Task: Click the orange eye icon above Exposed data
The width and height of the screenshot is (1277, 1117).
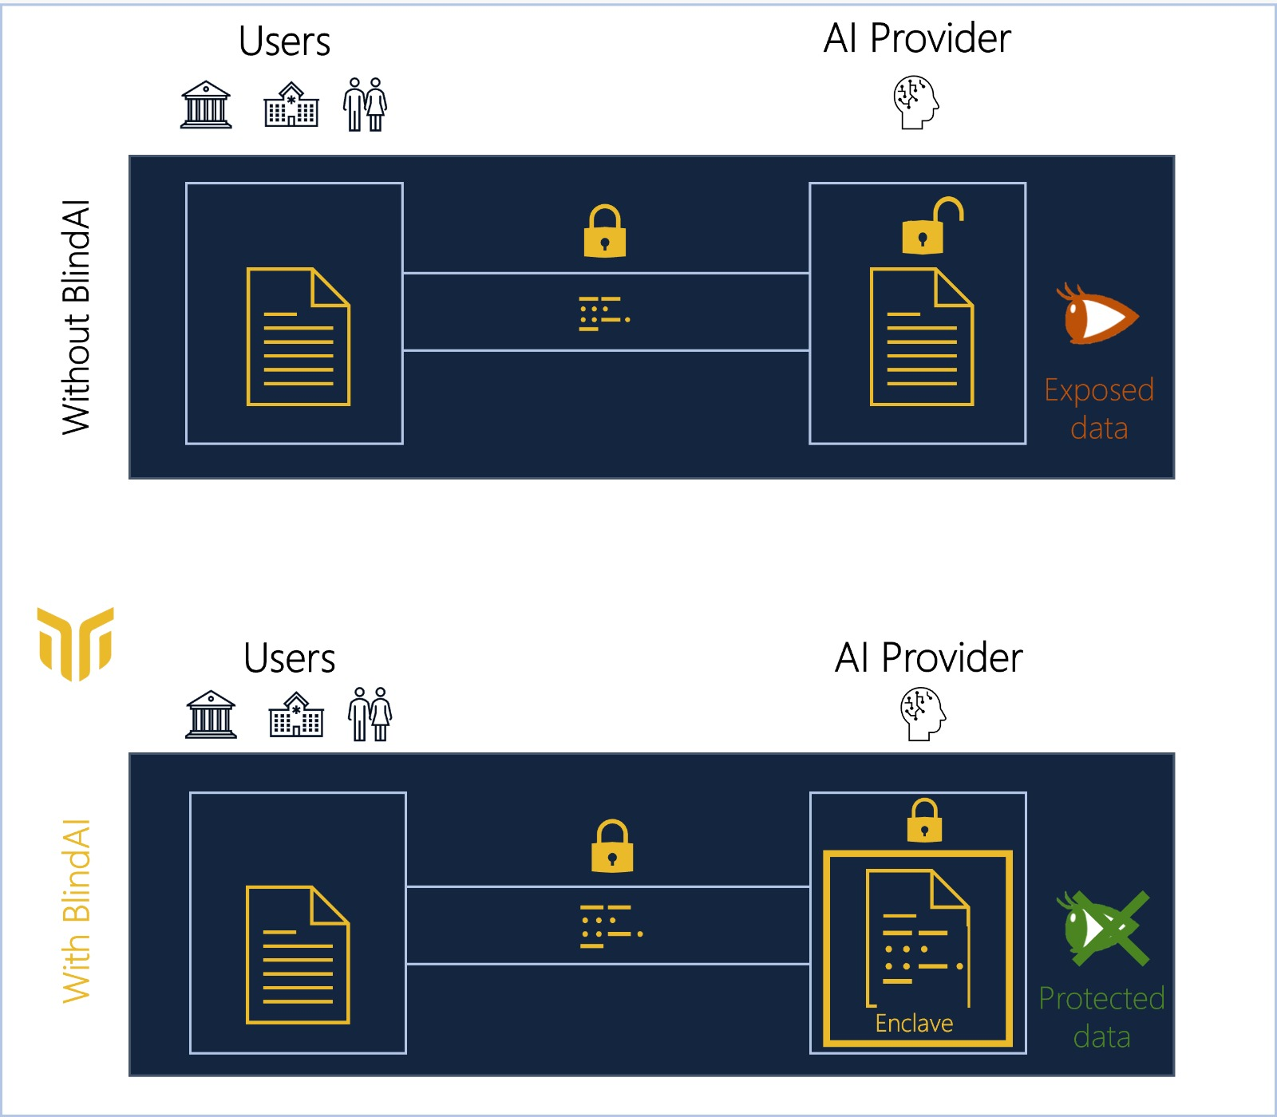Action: pos(1098,316)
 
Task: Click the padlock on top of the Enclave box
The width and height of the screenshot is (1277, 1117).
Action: pos(924,821)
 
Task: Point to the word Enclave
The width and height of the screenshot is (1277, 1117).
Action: pos(914,1023)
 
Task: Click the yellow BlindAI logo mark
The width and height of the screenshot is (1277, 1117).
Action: pos(76,643)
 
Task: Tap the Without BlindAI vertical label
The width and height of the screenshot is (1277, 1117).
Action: pos(77,318)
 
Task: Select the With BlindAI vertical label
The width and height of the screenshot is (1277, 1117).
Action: pos(77,911)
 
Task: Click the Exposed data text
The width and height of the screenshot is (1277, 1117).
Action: pos(1099,409)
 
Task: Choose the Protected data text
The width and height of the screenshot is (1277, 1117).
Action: pos(1101,1017)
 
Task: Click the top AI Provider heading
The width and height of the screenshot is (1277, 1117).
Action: pos(917,38)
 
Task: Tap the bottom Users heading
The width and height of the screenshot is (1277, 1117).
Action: pos(289,658)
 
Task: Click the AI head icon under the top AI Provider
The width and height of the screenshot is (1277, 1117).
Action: pos(915,102)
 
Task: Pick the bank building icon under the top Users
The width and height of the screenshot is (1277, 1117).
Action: pos(206,105)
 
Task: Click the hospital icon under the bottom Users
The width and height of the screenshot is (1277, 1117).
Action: pos(296,715)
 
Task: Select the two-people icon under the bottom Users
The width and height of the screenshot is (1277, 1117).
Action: pos(370,714)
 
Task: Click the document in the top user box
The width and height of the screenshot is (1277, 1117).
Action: pos(298,337)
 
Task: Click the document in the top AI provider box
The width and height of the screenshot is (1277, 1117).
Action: pos(921,337)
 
